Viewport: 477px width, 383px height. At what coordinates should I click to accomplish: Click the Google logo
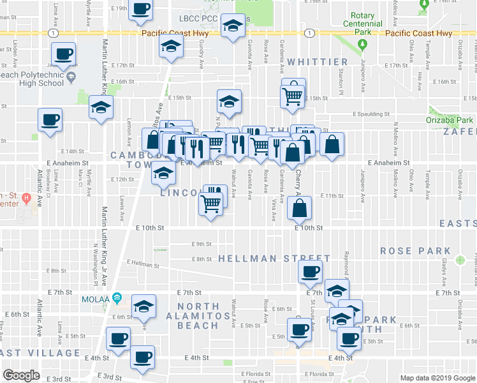tap(21, 375)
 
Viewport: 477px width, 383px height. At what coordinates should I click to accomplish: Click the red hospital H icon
tap(26, 197)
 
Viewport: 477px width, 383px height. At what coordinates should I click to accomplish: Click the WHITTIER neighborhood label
tap(311, 62)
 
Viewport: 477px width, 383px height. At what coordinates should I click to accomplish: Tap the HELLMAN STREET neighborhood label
tap(274, 259)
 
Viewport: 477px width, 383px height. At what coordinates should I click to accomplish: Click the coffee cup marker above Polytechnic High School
tap(63, 54)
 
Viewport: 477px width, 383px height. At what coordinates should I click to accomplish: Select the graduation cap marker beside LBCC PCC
tap(233, 26)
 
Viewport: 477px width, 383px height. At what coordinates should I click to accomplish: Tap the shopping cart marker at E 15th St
tap(293, 96)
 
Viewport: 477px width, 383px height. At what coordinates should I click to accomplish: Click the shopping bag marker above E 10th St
tap(300, 207)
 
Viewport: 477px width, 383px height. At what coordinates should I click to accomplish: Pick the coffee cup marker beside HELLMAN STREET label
tap(311, 272)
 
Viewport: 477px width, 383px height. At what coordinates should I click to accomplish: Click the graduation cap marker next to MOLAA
tap(144, 307)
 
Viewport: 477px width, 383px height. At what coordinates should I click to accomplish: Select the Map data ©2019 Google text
tap(437, 378)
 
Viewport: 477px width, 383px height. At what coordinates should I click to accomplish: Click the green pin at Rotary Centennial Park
tap(362, 45)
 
